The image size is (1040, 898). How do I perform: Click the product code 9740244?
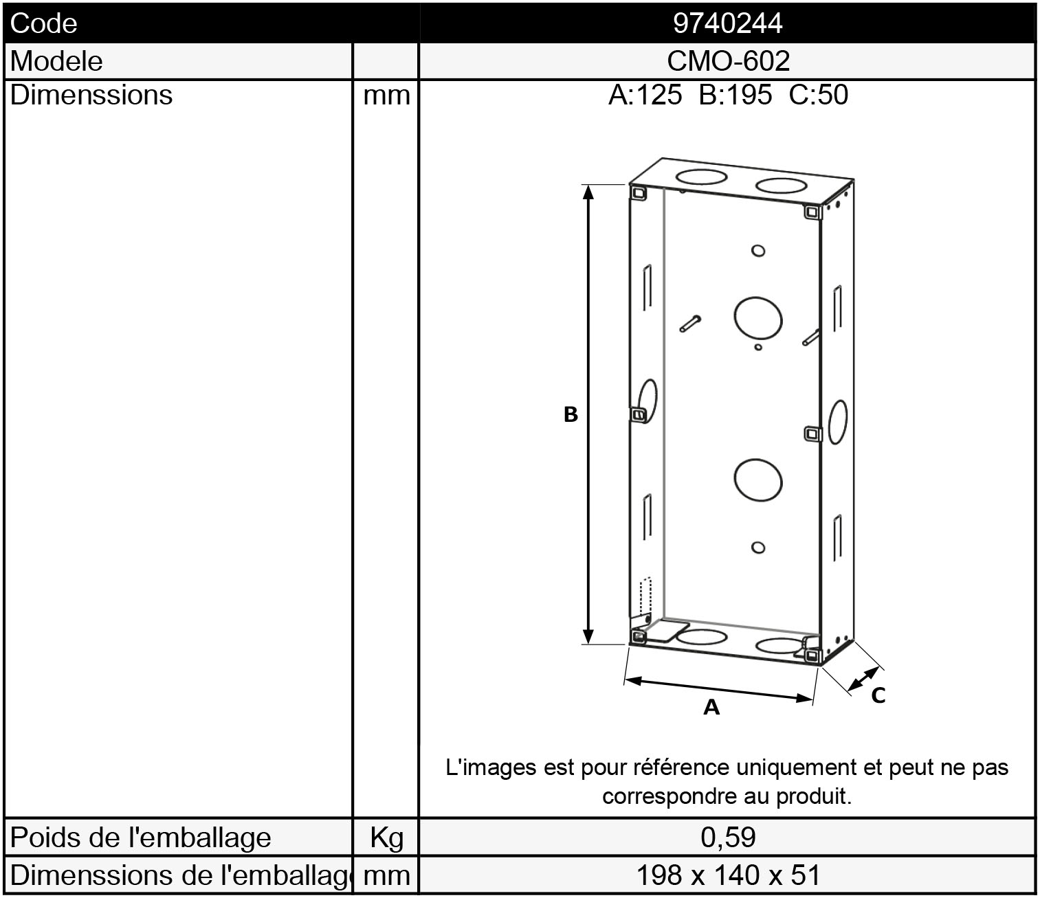[x=727, y=23]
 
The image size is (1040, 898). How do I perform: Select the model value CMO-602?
[x=728, y=61]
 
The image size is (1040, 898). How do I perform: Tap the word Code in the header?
[x=44, y=23]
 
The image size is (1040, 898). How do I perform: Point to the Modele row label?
[x=56, y=61]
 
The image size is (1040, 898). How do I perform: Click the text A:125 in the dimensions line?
[x=645, y=95]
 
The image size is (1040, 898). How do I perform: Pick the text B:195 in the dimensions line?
[x=735, y=95]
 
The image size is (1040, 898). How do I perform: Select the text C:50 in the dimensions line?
[x=818, y=95]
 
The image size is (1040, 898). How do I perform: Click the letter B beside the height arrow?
[x=571, y=414]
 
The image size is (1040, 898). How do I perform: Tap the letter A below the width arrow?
[x=711, y=708]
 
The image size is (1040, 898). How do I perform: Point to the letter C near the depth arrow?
[x=878, y=695]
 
